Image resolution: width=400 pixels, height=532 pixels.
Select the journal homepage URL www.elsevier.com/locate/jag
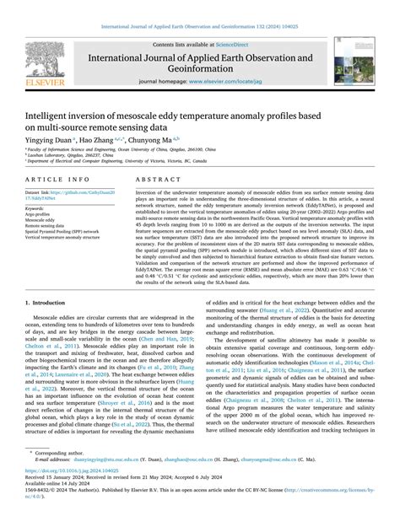tap(225, 83)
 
